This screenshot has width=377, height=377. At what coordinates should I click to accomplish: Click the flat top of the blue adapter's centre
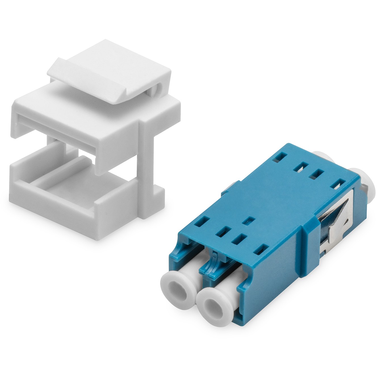pos(270,199)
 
